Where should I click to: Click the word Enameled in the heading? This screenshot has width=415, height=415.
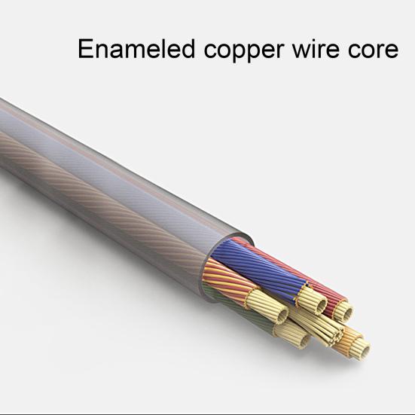(x=136, y=49)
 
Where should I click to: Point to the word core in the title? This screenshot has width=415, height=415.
(x=373, y=50)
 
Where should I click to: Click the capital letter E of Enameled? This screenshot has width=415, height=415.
(x=86, y=49)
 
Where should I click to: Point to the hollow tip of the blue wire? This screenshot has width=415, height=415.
(x=322, y=305)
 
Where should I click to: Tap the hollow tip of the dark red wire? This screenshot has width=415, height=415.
(x=349, y=313)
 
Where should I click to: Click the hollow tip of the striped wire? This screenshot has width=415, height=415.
(x=283, y=314)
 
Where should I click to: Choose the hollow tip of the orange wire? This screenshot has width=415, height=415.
(x=366, y=350)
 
